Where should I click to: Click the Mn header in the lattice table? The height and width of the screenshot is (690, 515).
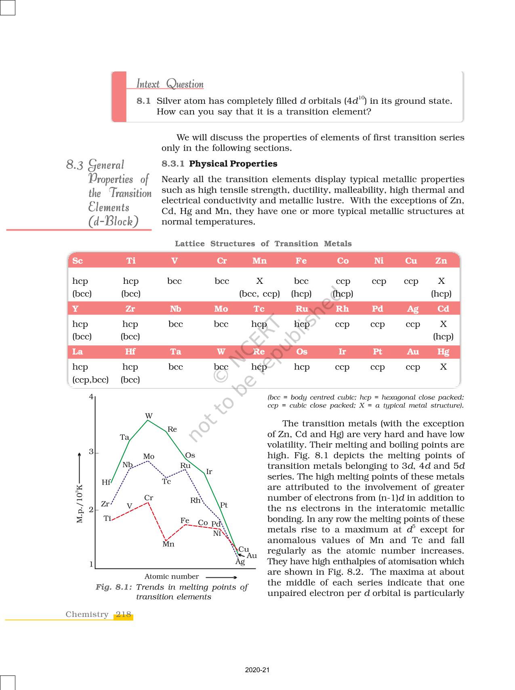pyautogui.click(x=259, y=261)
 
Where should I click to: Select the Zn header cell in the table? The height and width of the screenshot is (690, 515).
pyautogui.click(x=441, y=261)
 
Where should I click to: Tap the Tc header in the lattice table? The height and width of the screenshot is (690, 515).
pyautogui.click(x=259, y=309)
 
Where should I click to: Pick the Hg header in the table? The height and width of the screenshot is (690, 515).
pyautogui.click(x=443, y=352)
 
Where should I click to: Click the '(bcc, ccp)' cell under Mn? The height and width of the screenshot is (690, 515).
pyautogui.click(x=259, y=294)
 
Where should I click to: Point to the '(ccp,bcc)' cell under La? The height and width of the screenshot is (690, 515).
pyautogui.click(x=90, y=380)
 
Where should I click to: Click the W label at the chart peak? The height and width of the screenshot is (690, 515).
pyautogui.click(x=149, y=416)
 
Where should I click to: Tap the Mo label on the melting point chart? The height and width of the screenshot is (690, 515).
pyautogui.click(x=149, y=457)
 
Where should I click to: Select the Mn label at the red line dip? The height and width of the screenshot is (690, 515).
pyautogui.click(x=168, y=544)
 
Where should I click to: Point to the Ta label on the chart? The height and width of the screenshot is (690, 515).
pyautogui.click(x=124, y=437)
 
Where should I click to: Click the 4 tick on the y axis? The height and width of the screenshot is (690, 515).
pyautogui.click(x=91, y=396)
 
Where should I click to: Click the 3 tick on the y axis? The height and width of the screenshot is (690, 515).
pyautogui.click(x=91, y=452)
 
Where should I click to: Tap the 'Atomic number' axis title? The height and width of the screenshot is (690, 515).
pyautogui.click(x=172, y=577)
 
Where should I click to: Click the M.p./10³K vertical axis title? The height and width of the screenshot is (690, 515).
pyautogui.click(x=80, y=503)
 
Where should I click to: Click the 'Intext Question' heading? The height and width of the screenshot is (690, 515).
pyautogui.click(x=170, y=84)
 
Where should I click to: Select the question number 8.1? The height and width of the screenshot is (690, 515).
pyautogui.click(x=143, y=101)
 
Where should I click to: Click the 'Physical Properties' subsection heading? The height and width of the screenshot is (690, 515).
pyautogui.click(x=233, y=164)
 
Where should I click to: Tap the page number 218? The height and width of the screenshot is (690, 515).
pyautogui.click(x=123, y=614)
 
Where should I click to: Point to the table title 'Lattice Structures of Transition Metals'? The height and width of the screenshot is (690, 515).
pyautogui.click(x=263, y=244)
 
